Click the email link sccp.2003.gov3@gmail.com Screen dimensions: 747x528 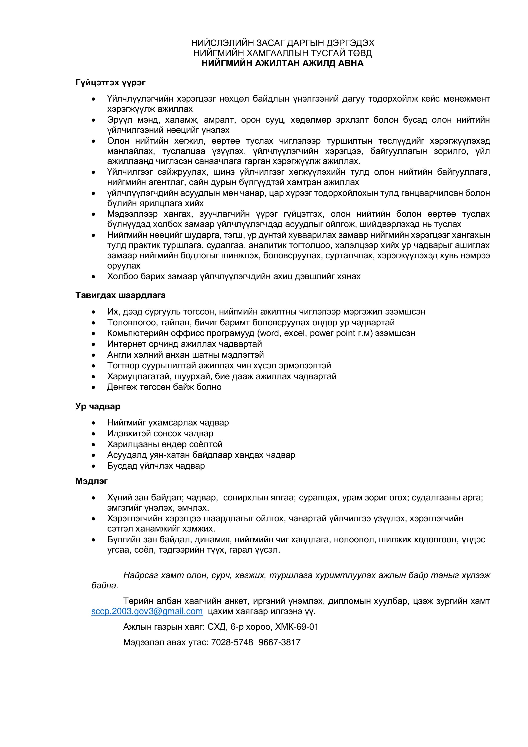pyautogui.click(x=147, y=611)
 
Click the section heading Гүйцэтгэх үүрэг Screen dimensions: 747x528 pyautogui.click(x=110, y=82)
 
